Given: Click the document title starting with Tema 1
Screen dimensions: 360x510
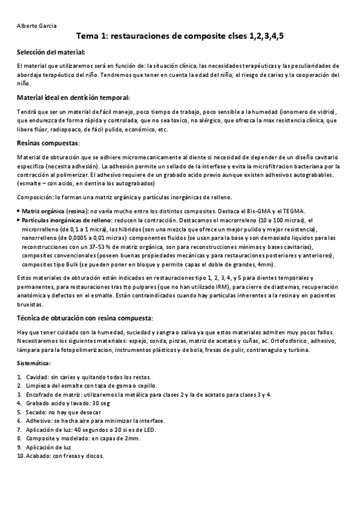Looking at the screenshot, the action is pos(180,37).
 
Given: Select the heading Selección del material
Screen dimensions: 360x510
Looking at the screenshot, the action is pos(51,52).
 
